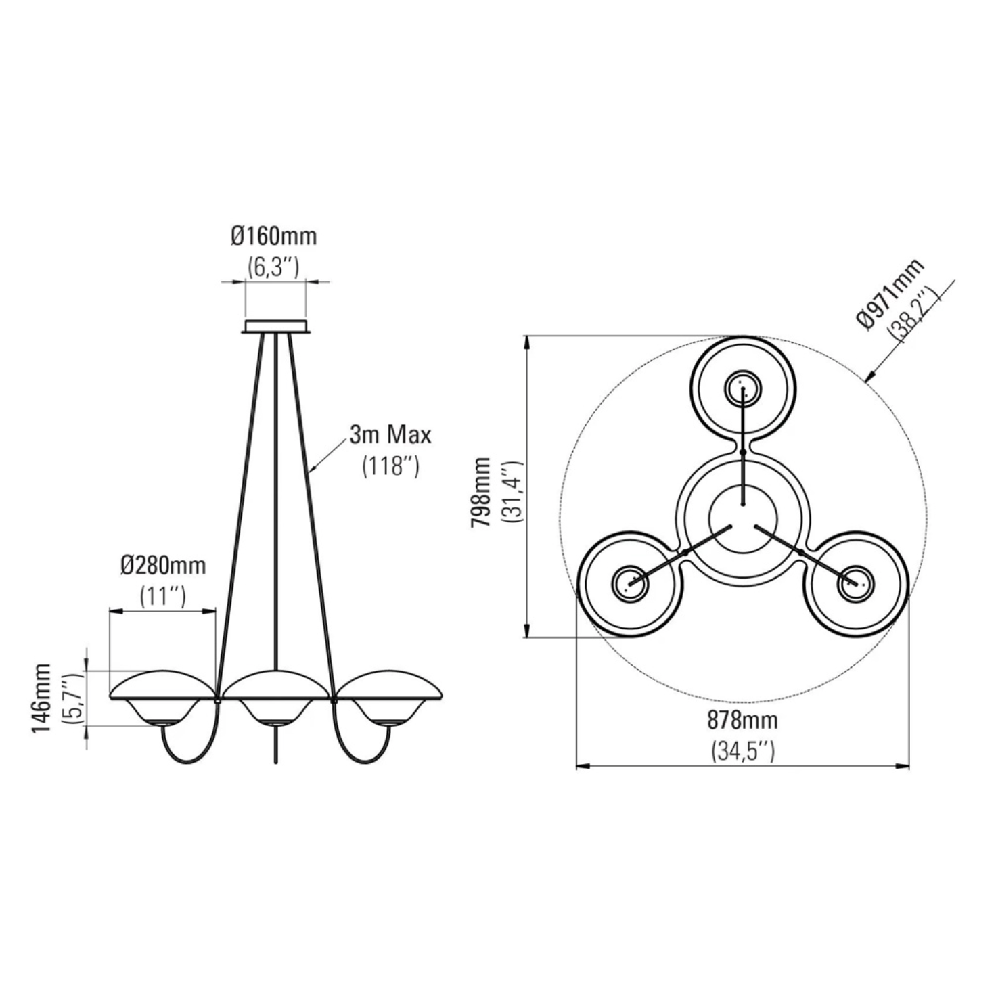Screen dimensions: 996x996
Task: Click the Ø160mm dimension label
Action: [273, 237]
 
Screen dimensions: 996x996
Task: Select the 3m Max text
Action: [390, 435]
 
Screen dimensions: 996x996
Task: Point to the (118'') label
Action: [390, 466]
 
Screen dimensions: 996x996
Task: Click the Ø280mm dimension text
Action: [163, 566]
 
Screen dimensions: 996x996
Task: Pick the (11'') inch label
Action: [163, 596]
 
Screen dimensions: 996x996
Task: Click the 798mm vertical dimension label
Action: [480, 492]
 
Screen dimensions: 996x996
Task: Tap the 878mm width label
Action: [743, 721]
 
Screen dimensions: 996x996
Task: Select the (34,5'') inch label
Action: [743, 752]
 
